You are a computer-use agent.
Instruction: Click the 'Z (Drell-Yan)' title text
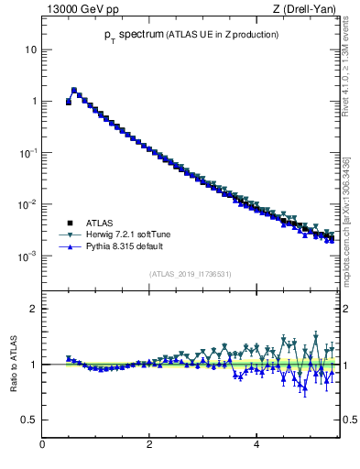coord(303,9)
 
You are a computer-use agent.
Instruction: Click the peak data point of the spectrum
coord(74,91)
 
